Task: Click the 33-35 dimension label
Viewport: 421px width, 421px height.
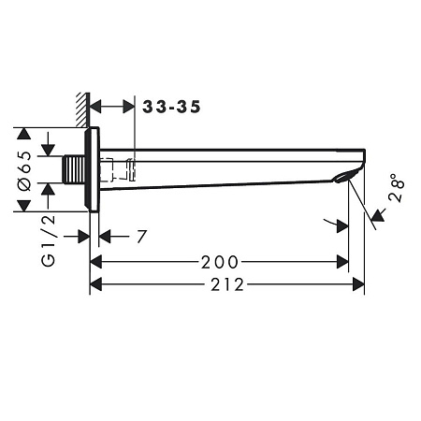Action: [x=171, y=107]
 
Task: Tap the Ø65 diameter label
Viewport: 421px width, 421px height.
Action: [x=25, y=171]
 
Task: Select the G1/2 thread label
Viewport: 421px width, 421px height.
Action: [x=49, y=240]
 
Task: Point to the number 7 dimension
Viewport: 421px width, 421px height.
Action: [x=141, y=237]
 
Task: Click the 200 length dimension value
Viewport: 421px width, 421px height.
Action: [x=220, y=262]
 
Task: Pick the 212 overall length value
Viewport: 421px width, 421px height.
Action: [x=227, y=284]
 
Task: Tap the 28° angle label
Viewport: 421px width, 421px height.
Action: [x=397, y=188]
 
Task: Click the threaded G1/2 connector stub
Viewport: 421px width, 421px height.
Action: [x=74, y=169]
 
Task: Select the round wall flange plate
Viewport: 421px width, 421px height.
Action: [x=92, y=169]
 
